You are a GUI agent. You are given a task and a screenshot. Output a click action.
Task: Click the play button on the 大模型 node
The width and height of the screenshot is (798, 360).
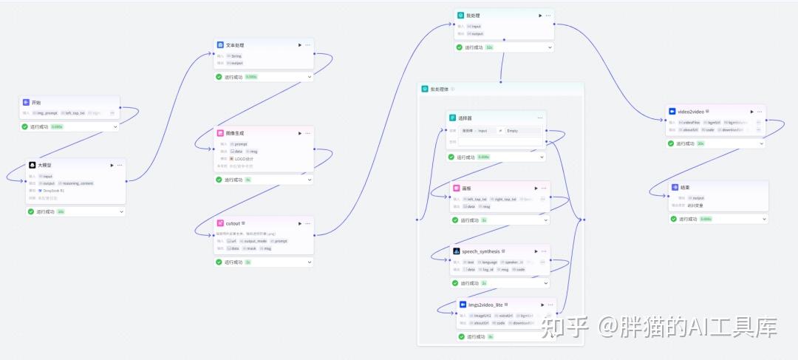coord(110,165)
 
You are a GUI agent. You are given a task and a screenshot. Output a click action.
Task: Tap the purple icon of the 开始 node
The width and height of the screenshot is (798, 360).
coord(26,102)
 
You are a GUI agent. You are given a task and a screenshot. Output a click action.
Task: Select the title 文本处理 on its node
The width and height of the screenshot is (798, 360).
coord(235,45)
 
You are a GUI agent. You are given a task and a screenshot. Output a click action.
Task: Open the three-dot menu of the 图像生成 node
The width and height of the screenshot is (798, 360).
coord(308,133)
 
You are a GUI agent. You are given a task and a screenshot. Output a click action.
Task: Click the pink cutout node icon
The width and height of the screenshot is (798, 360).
coord(220,223)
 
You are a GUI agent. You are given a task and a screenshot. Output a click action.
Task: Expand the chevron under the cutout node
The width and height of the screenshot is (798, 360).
coord(310,262)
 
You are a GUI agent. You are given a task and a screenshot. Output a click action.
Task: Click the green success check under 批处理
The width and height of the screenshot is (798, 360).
coord(460,47)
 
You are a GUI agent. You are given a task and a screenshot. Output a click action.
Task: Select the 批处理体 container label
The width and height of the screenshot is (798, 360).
coord(440,89)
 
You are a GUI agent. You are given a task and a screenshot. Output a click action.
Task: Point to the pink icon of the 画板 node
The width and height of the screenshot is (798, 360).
coord(457,189)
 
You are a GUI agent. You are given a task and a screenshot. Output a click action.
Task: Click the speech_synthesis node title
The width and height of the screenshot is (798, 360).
coord(481,251)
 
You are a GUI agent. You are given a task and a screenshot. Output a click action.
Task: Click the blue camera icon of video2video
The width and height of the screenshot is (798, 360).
coord(672,112)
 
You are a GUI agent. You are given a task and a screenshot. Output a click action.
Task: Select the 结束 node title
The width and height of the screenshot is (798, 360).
coord(686,187)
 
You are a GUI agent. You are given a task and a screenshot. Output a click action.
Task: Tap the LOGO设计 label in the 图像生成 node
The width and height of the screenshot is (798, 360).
coord(245,158)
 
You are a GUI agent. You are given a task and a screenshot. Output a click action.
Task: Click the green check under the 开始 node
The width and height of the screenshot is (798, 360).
coord(24,126)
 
